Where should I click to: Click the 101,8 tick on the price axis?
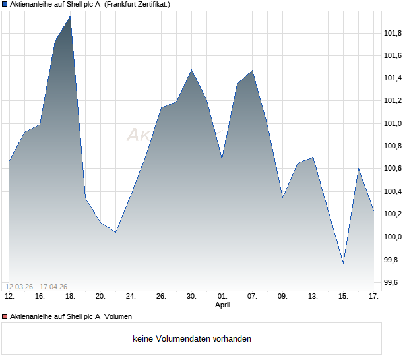[393, 33]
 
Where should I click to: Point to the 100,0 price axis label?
[393, 237]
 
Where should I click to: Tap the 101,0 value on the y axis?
[393, 123]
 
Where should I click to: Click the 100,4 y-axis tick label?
[393, 191]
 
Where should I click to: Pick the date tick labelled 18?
[70, 297]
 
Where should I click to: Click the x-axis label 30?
[191, 297]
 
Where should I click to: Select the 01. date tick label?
[222, 297]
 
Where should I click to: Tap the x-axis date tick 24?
[131, 297]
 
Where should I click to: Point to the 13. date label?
[313, 297]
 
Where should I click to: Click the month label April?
[222, 305]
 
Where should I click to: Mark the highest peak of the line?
[70, 16]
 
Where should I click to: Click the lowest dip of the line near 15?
[343, 263]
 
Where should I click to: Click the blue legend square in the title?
[5, 4]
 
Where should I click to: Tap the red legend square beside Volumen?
[5, 316]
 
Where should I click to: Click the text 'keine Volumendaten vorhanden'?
[192, 339]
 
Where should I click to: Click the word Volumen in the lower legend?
[118, 316]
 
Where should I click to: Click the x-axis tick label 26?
[161, 297]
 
